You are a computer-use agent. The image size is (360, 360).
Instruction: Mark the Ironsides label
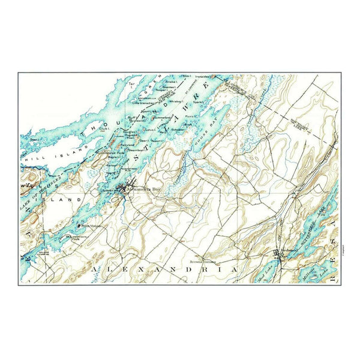202,77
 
